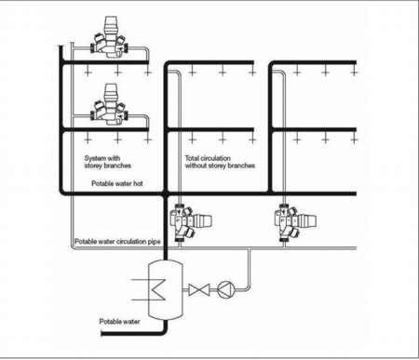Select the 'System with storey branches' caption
click(x=102, y=162)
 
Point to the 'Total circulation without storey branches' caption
click(x=220, y=162)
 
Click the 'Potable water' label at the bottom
click(x=119, y=322)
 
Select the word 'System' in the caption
click(x=97, y=158)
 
